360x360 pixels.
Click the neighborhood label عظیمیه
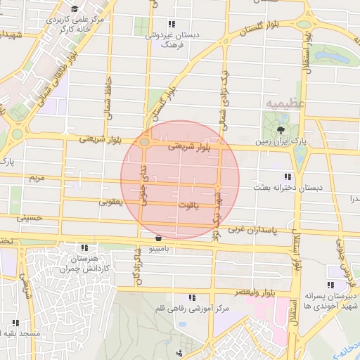285,104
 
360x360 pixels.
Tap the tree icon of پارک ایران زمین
281,130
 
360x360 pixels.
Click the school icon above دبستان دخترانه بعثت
287,176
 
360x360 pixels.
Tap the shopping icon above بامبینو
158,238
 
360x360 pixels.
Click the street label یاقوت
187,205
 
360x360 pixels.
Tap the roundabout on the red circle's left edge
143,142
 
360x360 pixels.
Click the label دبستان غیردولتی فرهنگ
172,39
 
